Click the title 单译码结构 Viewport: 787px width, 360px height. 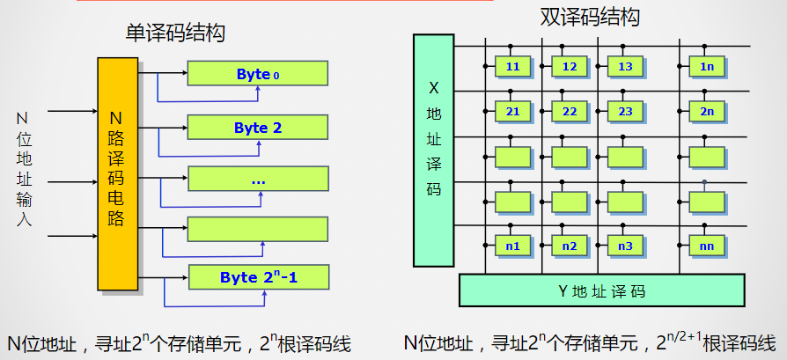pos(175,33)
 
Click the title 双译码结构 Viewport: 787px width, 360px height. pos(589,17)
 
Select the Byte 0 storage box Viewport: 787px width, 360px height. pos(257,74)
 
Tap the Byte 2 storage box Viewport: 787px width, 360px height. pos(257,128)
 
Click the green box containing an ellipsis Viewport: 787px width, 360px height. pos(257,180)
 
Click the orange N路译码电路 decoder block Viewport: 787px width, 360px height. pos(117,173)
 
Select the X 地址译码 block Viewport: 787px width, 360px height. pos(433,150)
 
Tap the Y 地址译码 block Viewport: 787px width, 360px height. pos(601,290)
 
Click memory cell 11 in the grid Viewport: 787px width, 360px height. pos(512,66)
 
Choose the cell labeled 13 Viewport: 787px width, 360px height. pos(626,66)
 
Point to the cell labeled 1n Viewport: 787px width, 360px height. pos(707,66)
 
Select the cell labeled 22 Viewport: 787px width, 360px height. pos(570,111)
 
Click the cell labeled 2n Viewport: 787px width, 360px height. pos(707,111)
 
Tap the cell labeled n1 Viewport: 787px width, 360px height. pos(512,246)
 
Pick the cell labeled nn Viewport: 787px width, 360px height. pos(707,246)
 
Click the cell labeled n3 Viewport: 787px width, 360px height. pos(626,246)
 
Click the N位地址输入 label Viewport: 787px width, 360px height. pos(24,168)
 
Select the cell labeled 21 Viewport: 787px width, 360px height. pos(512,111)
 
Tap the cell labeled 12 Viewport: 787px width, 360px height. pos(570,66)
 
